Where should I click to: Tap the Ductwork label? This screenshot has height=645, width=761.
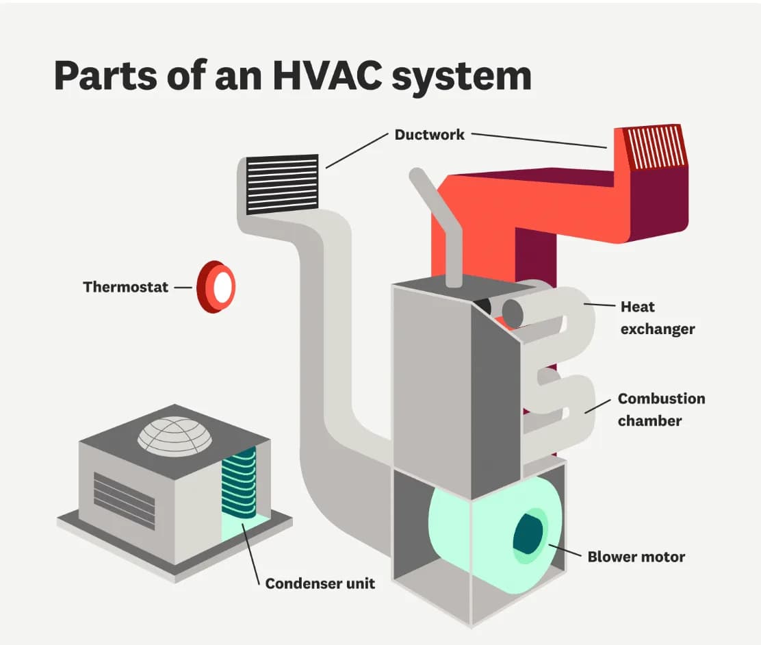click(x=429, y=134)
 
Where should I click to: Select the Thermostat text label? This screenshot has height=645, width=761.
click(x=125, y=287)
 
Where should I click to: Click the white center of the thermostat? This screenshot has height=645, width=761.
click(x=223, y=288)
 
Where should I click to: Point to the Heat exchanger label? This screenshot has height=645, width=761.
click(x=657, y=318)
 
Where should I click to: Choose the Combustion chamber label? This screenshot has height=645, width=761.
click(x=660, y=409)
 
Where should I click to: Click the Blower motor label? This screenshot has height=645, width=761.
click(x=636, y=557)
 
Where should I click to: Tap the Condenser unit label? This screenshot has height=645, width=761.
click(x=320, y=584)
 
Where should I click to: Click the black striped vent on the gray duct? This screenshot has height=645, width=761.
click(x=282, y=184)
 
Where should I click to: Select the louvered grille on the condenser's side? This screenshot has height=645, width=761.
click(x=124, y=501)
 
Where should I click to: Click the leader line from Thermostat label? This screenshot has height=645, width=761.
click(x=183, y=288)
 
